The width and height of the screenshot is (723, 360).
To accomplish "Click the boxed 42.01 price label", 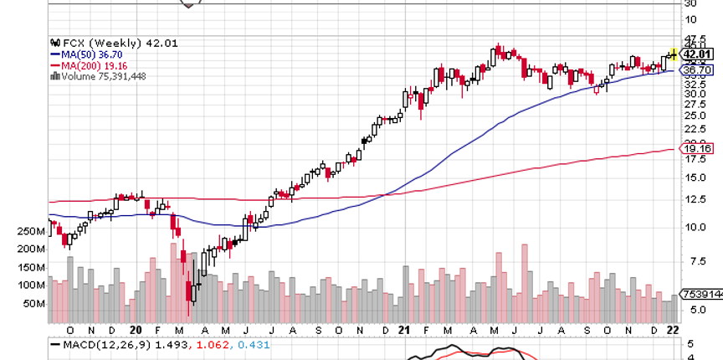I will pyautogui.click(x=699, y=54).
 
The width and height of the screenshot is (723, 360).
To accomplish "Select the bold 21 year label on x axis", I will pyautogui.click(x=403, y=330).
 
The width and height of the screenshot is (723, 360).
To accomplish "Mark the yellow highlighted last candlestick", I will pyautogui.click(x=674, y=54).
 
